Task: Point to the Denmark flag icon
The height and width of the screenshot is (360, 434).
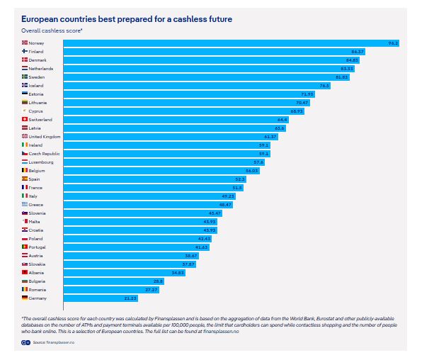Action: pos(25,60)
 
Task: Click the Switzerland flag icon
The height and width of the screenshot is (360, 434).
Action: pos(25,119)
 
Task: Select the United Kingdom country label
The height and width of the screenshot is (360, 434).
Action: pos(45,136)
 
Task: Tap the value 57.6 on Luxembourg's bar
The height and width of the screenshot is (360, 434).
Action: pos(258,162)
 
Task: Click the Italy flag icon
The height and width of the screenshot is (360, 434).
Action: pos(25,196)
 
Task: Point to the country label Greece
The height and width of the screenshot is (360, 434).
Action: pos(36,204)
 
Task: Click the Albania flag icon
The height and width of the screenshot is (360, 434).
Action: pos(25,272)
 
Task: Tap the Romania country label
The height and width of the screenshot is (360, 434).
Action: pos(38,289)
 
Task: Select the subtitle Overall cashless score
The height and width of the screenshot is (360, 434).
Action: pos(52,30)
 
